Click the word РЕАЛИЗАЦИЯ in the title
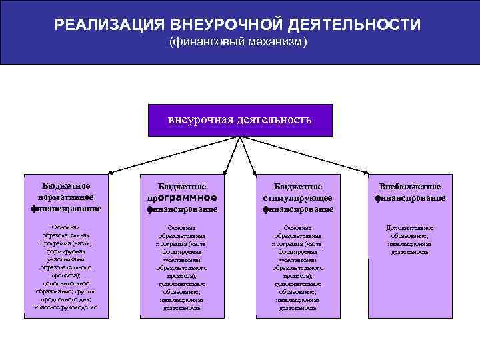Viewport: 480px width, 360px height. click(109, 25)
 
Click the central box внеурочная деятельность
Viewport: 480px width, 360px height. click(239, 120)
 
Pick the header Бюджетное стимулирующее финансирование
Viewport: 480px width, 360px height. click(297, 198)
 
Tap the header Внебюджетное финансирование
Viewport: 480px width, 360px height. click(410, 192)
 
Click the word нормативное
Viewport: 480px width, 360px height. click(66, 197)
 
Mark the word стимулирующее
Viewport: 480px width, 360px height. click(297, 198)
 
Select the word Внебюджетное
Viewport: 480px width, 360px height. click(410, 187)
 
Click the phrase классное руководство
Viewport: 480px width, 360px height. click(66, 307)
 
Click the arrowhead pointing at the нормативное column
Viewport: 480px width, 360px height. click(110, 172)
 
